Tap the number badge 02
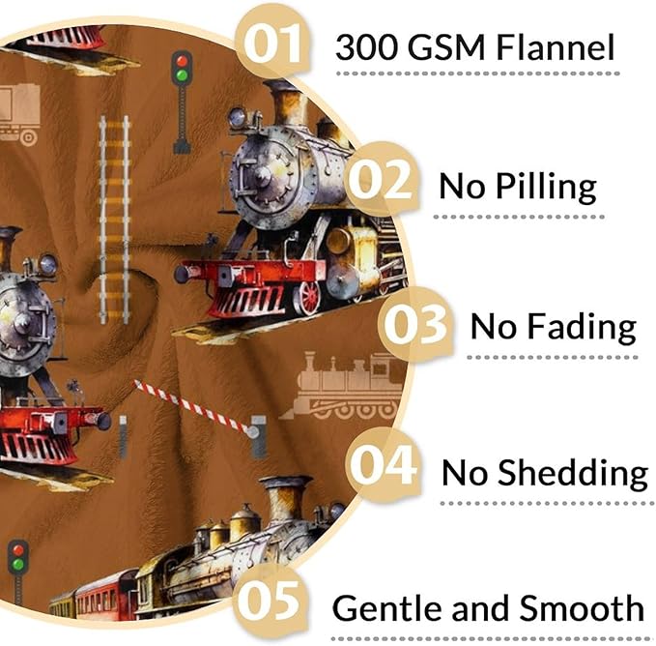381,181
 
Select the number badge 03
415,325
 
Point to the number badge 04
383,465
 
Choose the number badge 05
269,602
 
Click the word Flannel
556,47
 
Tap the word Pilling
546,188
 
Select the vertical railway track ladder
114,220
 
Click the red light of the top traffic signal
182,61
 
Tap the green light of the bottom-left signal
17,564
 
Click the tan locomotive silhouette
342,385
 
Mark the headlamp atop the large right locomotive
238,117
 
